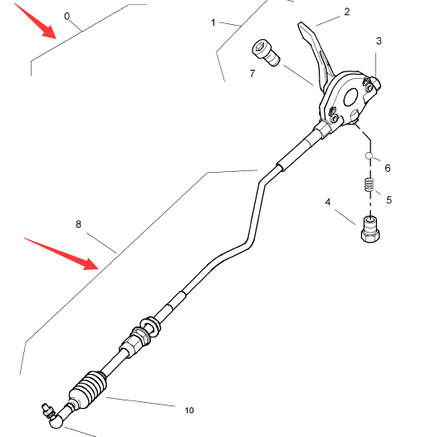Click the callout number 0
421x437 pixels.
(x=67, y=17)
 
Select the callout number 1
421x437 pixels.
(x=213, y=23)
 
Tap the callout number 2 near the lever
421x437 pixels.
(x=347, y=12)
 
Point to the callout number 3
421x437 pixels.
(x=379, y=41)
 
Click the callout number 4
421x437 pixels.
(x=328, y=202)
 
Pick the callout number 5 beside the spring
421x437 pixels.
(x=389, y=200)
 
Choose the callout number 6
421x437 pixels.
(x=388, y=168)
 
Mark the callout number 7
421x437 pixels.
(x=252, y=73)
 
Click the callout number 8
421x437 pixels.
(x=78, y=224)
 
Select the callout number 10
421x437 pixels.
(x=189, y=410)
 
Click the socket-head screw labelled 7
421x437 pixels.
(x=266, y=53)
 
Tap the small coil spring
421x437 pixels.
(x=369, y=184)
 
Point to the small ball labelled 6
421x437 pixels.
(x=369, y=155)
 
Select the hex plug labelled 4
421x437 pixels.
(x=370, y=229)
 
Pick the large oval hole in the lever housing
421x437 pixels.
(x=350, y=97)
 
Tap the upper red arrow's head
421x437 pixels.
(x=49, y=32)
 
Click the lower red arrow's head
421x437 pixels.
(x=91, y=264)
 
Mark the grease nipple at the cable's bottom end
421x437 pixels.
(x=47, y=410)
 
